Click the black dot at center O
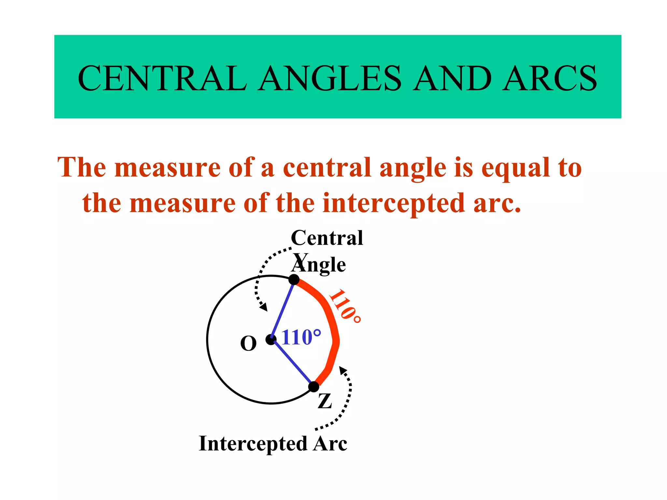pyautogui.click(x=271, y=340)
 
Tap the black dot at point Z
pyautogui.click(x=314, y=387)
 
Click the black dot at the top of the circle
pyautogui.click(x=294, y=279)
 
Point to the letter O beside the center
pyautogui.click(x=248, y=344)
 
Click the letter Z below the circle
pyautogui.click(x=325, y=401)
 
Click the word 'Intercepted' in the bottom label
pyautogui.click(x=253, y=444)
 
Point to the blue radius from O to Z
pyautogui.click(x=292, y=363)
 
